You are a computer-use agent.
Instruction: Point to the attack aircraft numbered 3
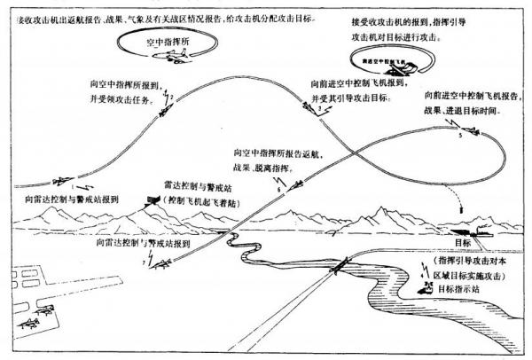[317, 109]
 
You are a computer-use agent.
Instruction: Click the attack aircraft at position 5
[469, 133]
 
